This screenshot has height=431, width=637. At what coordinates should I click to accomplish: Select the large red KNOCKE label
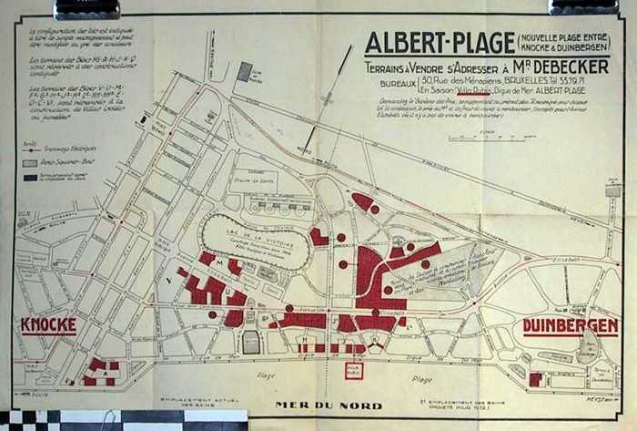(47, 325)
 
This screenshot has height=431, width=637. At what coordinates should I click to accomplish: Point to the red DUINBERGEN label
(571, 325)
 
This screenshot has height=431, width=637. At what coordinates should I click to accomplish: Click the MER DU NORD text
(329, 405)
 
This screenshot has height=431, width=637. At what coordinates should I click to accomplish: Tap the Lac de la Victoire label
(255, 234)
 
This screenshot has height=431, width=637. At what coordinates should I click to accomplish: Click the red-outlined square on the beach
(354, 371)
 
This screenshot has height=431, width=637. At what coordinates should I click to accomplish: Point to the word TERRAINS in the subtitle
(390, 67)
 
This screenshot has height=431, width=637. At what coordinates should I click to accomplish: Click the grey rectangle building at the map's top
(245, 71)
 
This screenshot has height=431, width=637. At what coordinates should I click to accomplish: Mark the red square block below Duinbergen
(536, 378)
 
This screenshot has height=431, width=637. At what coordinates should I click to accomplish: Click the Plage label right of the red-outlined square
(421, 378)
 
